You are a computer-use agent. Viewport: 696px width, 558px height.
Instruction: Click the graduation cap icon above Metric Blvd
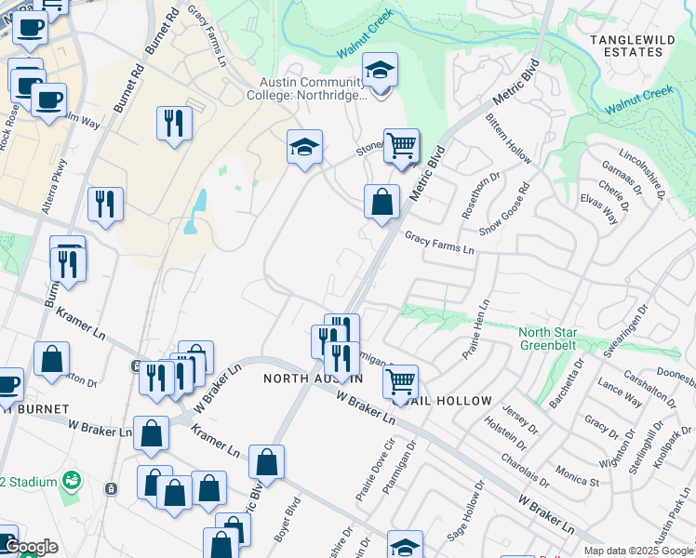coord(380,72)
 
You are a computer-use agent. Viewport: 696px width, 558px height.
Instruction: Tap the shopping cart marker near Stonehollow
coord(401,146)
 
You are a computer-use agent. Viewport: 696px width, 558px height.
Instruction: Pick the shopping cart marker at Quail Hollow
coord(400,380)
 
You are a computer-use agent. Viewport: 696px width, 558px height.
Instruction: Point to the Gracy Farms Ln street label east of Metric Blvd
coord(439,244)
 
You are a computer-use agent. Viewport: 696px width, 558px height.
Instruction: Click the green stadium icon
coord(70,481)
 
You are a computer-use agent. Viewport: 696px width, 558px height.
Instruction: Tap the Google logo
coord(30,548)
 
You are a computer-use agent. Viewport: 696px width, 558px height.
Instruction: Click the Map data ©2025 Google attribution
coord(637,551)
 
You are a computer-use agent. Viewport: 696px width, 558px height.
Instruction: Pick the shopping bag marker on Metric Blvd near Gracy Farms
coord(381,202)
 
